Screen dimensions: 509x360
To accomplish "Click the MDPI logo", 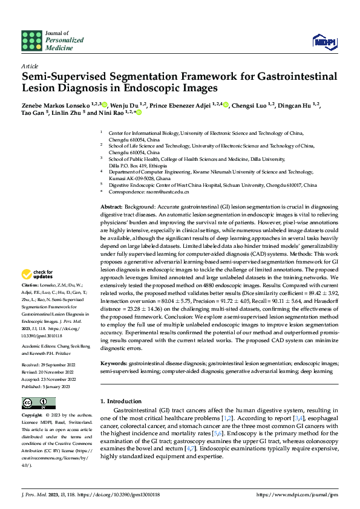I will coord(324,41).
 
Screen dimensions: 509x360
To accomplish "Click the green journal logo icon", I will coord(31,41).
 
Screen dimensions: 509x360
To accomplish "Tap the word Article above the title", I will coord(29,65).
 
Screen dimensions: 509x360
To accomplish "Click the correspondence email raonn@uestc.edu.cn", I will coord(166,192).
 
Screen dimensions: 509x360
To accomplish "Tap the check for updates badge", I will coord(38,274).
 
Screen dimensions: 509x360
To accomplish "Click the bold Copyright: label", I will coord(33,416).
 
